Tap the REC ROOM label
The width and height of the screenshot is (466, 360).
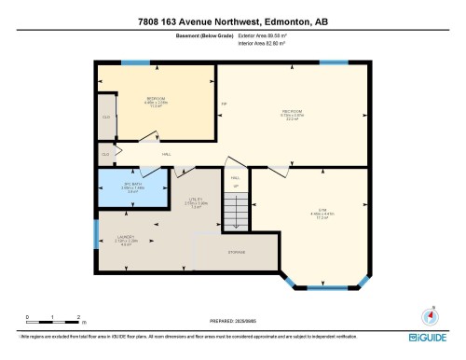click(292, 112)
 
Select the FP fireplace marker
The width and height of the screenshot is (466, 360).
click(224, 103)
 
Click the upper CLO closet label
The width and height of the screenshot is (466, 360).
click(105, 117)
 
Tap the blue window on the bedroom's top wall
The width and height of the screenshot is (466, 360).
click(136, 63)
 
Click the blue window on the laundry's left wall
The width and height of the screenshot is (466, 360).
click(96, 234)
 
